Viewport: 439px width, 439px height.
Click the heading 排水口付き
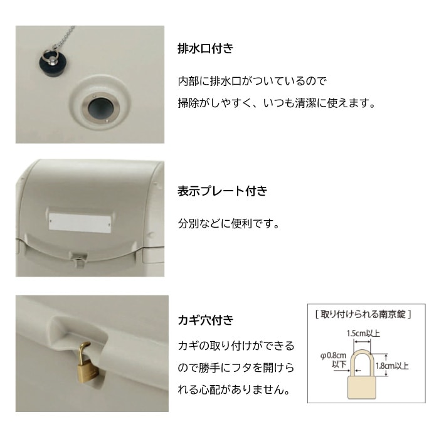click(206, 48)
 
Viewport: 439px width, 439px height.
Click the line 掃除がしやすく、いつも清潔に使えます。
click(277, 103)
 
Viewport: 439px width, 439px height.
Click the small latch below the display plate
click(78, 256)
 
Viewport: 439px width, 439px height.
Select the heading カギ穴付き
click(206, 320)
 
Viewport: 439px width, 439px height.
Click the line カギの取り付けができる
click(236, 346)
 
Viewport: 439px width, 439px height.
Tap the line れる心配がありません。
click(234, 390)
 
